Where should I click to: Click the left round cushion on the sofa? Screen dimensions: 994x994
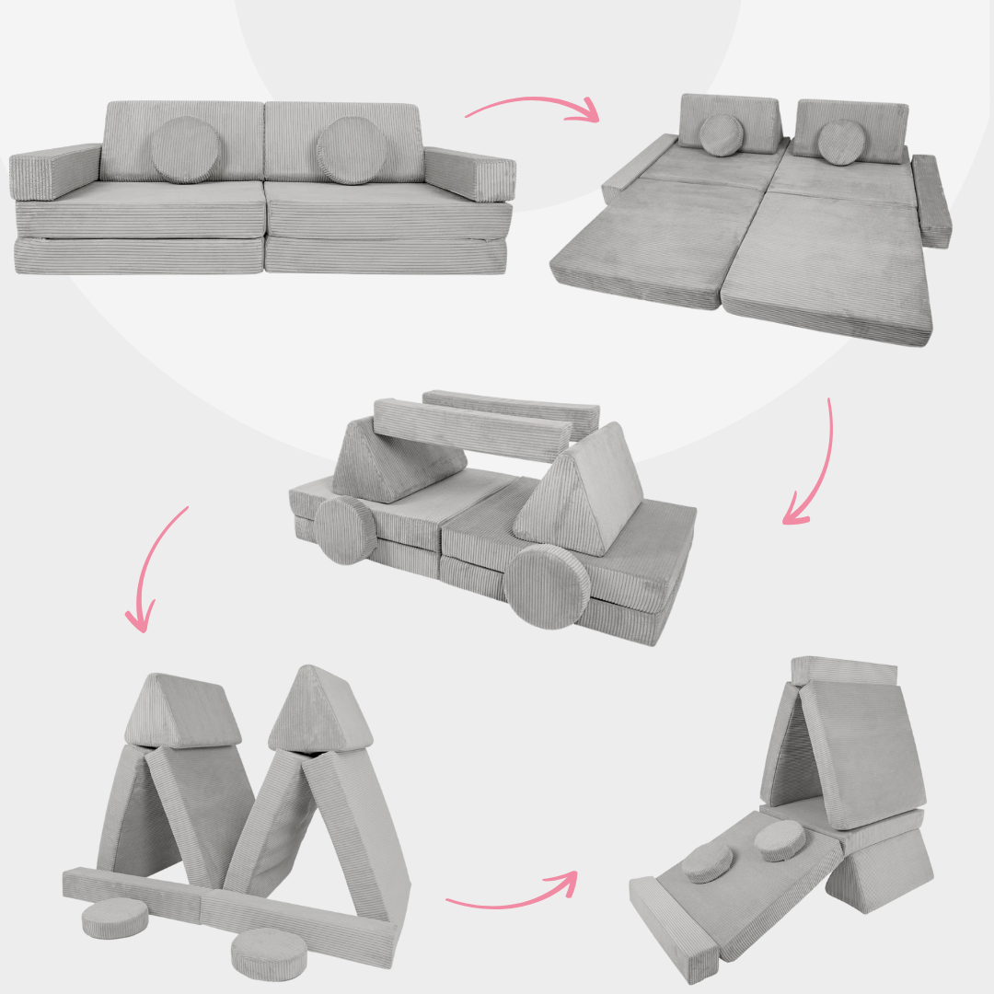[x=186, y=149]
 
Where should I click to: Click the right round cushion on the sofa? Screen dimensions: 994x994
[x=352, y=150]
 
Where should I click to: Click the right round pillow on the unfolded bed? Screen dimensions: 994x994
[x=838, y=142]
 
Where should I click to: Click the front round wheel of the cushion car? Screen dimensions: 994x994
[x=547, y=586]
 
